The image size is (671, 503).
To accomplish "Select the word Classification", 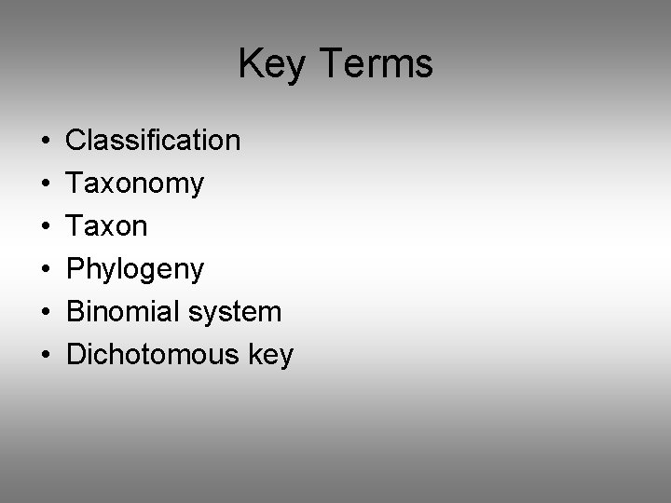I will pyautogui.click(x=154, y=141).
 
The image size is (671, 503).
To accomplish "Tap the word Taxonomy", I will pyautogui.click(x=135, y=184).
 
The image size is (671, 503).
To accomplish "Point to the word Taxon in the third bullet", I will pyautogui.click(x=107, y=226).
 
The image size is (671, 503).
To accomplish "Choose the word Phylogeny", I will pyautogui.click(x=135, y=270).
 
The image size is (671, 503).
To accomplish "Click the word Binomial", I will pyautogui.click(x=122, y=312).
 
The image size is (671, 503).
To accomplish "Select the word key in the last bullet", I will pyautogui.click(x=270, y=356).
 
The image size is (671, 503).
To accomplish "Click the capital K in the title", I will pyautogui.click(x=250, y=63).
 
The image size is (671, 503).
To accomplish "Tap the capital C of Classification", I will pyautogui.click(x=75, y=141).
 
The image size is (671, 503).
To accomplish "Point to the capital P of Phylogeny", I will pyautogui.click(x=75, y=269).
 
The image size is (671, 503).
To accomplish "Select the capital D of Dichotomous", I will pyautogui.click(x=75, y=355).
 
